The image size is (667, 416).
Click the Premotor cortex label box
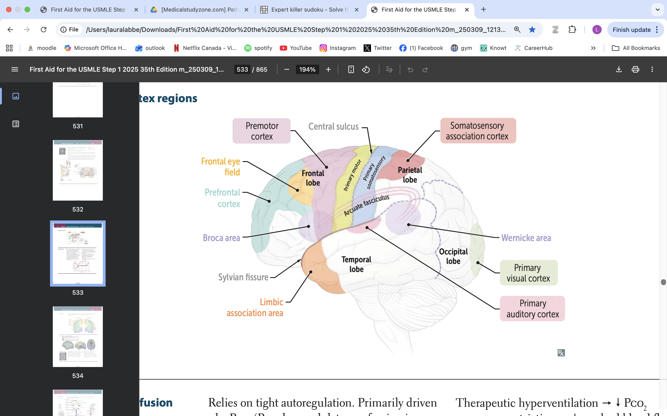click(x=261, y=131)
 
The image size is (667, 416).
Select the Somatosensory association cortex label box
click(x=478, y=131)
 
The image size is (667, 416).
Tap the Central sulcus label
click(x=333, y=127)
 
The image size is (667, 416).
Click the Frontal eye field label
click(x=221, y=167)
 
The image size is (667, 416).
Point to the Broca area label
click(x=221, y=238)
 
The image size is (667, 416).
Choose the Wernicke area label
click(x=526, y=238)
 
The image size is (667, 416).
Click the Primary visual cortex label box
click(x=528, y=273)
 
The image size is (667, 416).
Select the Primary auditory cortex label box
click(x=532, y=309)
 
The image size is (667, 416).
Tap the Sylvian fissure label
click(x=243, y=277)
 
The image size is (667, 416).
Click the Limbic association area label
click(x=255, y=308)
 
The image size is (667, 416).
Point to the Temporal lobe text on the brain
click(x=356, y=264)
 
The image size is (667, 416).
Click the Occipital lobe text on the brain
click(x=453, y=256)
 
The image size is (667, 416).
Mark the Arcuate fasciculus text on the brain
click(x=366, y=205)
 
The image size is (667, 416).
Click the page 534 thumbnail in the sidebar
click(x=78, y=336)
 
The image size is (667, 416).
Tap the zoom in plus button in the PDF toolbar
click(x=328, y=70)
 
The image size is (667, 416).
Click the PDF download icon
click(x=619, y=70)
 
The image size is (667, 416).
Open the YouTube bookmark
click(x=296, y=48)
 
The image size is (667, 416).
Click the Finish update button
click(x=631, y=30)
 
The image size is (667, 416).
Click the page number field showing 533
click(x=242, y=70)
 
